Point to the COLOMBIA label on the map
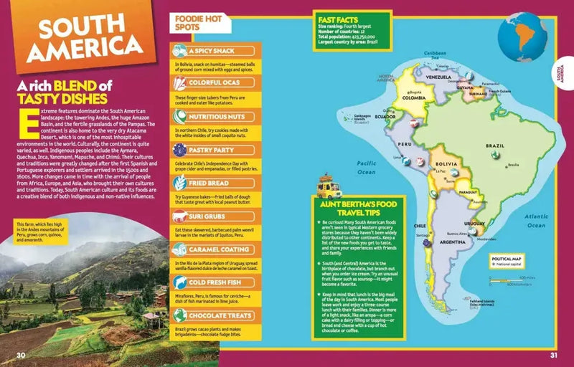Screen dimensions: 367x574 (413, 99)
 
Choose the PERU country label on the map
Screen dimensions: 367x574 (405, 144)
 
